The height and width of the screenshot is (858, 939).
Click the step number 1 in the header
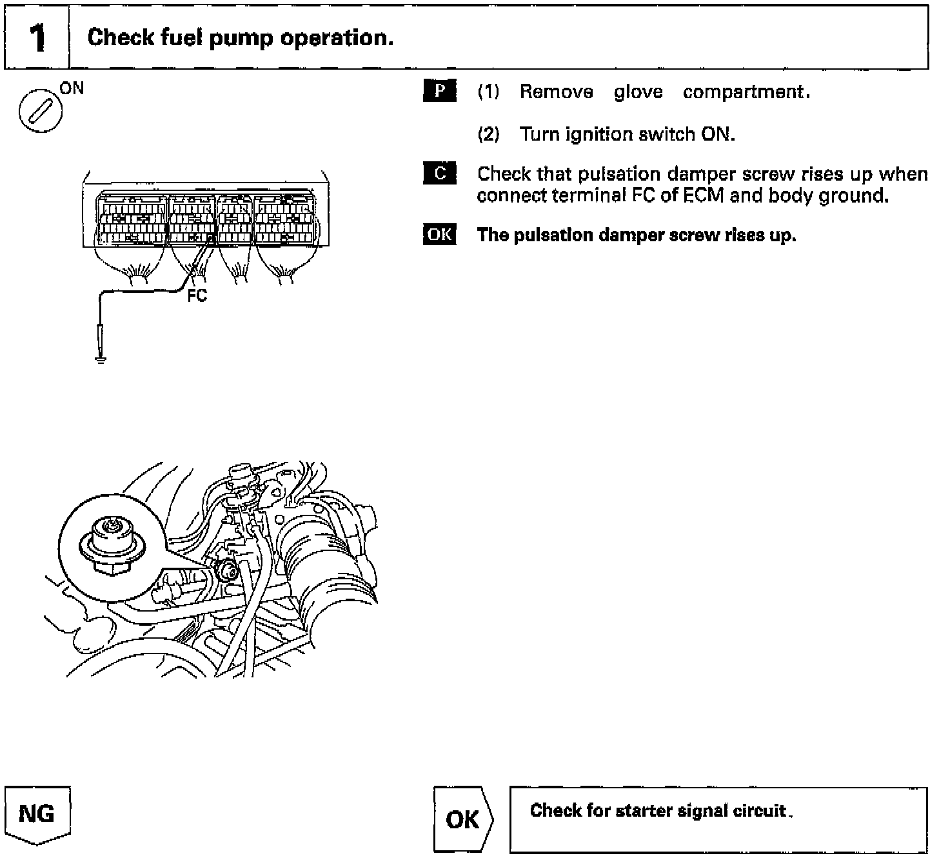(x=37, y=38)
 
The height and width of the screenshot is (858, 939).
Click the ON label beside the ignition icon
(x=72, y=88)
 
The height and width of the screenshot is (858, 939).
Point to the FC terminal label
(x=197, y=297)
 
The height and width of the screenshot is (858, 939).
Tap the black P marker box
(x=440, y=91)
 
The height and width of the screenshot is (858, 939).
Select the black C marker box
(x=440, y=174)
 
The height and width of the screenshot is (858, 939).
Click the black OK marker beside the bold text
(x=440, y=235)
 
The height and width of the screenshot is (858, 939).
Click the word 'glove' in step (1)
(x=638, y=92)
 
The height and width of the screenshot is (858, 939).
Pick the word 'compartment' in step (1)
(x=742, y=92)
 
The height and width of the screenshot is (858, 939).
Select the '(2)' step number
(x=488, y=134)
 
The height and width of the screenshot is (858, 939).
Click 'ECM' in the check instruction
(x=698, y=195)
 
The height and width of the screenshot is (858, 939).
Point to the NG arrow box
(x=37, y=814)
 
